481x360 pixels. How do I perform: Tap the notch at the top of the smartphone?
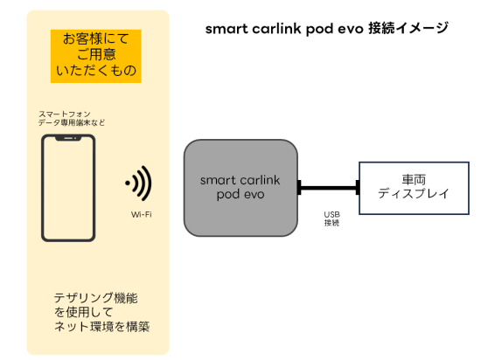coord(68,139)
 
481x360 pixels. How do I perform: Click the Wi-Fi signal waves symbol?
coord(139,183)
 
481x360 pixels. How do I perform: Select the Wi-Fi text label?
coord(142,214)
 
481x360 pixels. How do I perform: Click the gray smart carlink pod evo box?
coord(240,188)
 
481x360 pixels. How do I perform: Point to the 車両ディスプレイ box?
coord(414,188)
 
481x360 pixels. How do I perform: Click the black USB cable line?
coord(329,188)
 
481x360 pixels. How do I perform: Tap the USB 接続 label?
coord(332,218)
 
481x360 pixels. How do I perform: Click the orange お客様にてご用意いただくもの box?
coord(95,56)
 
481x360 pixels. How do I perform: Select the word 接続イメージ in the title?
coord(408,29)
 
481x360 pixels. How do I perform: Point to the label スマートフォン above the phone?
coord(65,114)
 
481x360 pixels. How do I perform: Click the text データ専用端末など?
coord(72,123)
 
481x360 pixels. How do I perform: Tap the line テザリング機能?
coord(95,298)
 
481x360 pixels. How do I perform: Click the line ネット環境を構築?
coord(101,327)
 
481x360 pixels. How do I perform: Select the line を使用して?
coord(83,312)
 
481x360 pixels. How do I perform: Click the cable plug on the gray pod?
coord(299,188)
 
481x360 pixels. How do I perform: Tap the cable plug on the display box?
coord(358,188)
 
